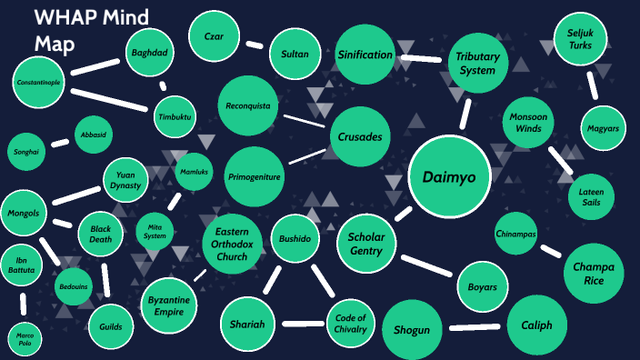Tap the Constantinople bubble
(38, 83)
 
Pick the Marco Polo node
(24, 340)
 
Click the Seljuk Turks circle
(580, 40)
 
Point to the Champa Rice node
(595, 274)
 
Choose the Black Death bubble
(100, 234)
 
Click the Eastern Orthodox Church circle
(232, 244)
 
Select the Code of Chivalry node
(351, 323)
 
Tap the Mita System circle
(155, 231)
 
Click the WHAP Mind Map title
(91, 29)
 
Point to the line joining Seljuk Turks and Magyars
(592, 85)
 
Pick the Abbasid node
(94, 135)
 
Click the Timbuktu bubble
(175, 116)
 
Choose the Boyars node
(483, 286)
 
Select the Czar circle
(215, 37)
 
